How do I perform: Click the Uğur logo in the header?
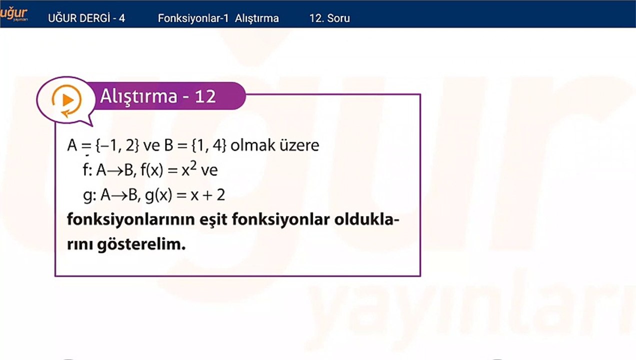13,14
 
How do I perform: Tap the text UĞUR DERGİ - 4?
86,18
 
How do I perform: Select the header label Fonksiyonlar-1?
193,18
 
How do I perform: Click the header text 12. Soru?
329,18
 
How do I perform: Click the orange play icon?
67,100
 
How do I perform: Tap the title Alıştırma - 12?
158,96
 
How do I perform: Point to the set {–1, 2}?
117,145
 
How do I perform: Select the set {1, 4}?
209,145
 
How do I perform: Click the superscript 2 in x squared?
193,165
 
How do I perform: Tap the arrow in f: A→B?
115,171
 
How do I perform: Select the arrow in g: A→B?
119,196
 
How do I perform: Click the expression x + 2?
208,195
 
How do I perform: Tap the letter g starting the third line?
87,196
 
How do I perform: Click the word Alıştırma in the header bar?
257,18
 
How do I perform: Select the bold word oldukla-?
367,219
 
